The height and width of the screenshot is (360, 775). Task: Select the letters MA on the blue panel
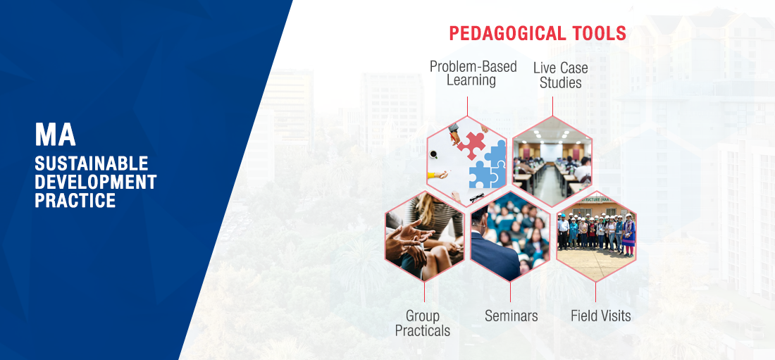56,135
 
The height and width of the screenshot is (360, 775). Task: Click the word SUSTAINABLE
92,163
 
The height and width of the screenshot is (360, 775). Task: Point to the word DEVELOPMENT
95,182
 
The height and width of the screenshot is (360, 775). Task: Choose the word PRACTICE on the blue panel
75,200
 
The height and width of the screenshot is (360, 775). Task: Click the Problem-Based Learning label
473,73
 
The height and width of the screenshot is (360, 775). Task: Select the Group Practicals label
423,323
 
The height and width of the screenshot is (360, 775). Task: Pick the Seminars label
511,316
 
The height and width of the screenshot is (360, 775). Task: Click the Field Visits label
601,316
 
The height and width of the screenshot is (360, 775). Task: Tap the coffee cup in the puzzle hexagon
433,155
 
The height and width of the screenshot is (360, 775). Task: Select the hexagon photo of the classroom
552,161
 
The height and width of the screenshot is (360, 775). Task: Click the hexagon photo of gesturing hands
425,236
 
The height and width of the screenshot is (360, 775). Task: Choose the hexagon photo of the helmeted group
596,236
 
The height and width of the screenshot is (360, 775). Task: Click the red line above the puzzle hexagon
468,106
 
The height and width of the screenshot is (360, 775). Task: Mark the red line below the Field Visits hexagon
595,292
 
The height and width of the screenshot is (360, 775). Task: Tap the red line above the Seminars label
510,292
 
